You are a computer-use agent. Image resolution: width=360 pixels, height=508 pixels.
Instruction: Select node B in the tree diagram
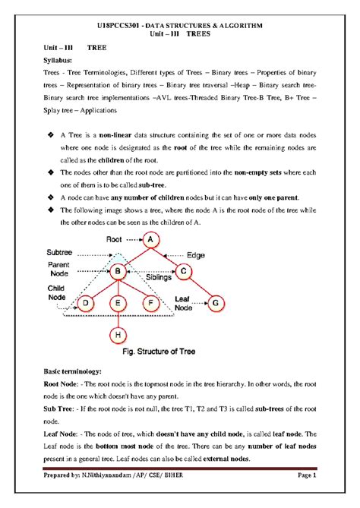(118, 272)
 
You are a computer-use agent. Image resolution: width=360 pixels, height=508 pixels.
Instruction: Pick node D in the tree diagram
(85, 304)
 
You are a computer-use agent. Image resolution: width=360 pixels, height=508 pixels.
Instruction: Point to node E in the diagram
(118, 304)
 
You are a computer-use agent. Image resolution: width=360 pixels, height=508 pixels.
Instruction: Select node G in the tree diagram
(216, 304)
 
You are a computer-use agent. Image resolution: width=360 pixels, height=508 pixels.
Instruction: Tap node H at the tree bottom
(118, 334)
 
